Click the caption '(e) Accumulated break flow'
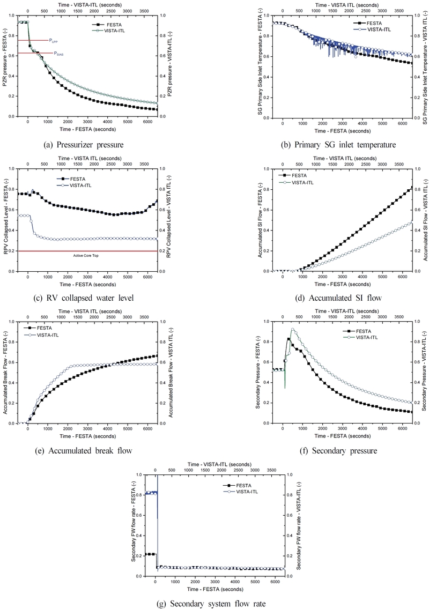coord(92,451)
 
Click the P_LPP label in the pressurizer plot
coord(54,40)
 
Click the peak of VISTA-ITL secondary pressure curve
coord(293,329)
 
